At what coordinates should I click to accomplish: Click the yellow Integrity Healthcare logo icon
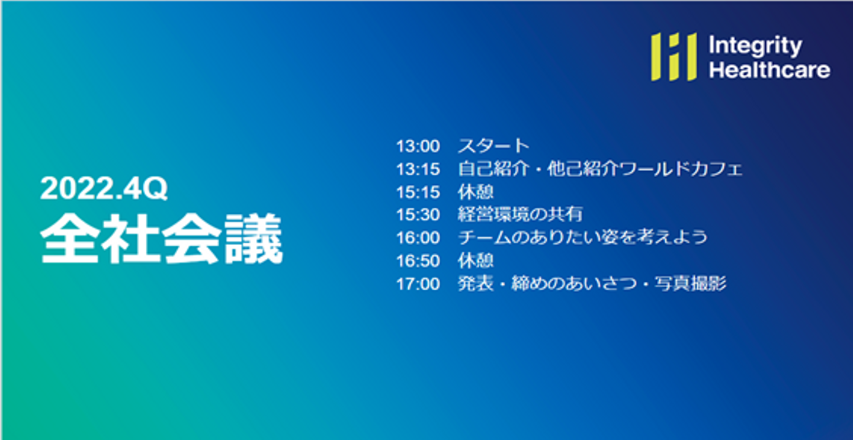tap(674, 57)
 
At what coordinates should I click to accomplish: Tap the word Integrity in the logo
tap(755, 46)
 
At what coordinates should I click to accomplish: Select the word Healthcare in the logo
tap(769, 70)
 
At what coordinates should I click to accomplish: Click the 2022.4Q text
tap(104, 188)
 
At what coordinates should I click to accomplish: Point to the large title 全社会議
tap(162, 239)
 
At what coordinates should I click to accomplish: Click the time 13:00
tap(418, 146)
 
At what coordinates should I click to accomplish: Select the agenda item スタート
tap(493, 146)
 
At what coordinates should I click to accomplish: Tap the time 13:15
tap(418, 169)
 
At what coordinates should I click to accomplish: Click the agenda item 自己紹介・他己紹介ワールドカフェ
tap(600, 169)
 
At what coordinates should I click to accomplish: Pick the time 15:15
tap(418, 192)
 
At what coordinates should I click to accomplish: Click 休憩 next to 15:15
tap(476, 192)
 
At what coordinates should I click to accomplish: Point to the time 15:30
tap(418, 215)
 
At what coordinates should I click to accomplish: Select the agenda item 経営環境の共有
tap(520, 214)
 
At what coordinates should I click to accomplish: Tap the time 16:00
tap(418, 238)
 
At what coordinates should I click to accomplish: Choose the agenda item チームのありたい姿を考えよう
tap(583, 237)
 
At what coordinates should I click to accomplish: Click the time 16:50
tap(418, 261)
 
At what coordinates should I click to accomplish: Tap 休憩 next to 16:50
tap(476, 261)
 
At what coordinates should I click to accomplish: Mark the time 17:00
tap(418, 284)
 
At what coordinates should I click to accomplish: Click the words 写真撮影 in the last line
tap(691, 284)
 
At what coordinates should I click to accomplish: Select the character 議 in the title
tap(254, 239)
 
